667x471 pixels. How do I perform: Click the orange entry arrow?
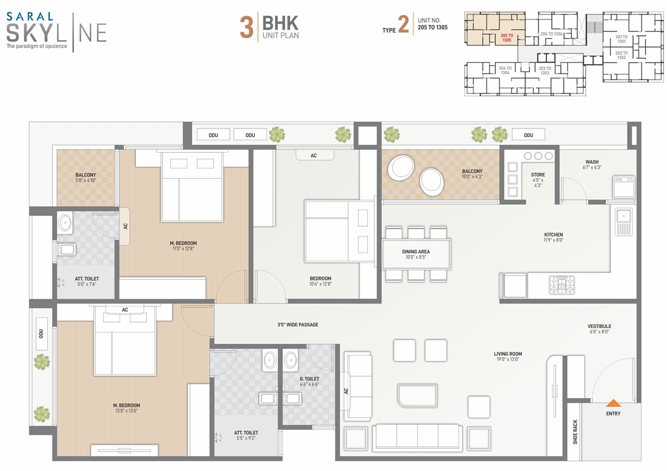(613, 403)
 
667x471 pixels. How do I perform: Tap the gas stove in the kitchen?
(562, 286)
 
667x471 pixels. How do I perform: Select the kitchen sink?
(624, 222)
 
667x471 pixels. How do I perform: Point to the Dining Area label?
(415, 254)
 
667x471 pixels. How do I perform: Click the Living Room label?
(508, 356)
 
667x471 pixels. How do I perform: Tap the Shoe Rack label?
(575, 432)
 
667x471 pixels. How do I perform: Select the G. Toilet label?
(309, 381)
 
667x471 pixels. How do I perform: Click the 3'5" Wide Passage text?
(298, 325)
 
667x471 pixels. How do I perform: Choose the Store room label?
(538, 180)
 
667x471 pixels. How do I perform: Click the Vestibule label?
(599, 329)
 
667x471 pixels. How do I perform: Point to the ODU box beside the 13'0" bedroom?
(41, 333)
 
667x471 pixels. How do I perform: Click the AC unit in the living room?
(346, 391)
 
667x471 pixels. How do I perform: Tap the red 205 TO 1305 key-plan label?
(507, 38)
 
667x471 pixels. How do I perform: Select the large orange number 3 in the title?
(247, 28)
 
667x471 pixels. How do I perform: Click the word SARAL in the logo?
(30, 16)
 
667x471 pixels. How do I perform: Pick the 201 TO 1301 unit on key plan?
(622, 39)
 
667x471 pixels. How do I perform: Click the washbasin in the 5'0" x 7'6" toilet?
(65, 222)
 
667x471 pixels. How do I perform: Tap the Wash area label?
(592, 164)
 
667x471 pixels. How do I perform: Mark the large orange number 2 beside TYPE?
(403, 24)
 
